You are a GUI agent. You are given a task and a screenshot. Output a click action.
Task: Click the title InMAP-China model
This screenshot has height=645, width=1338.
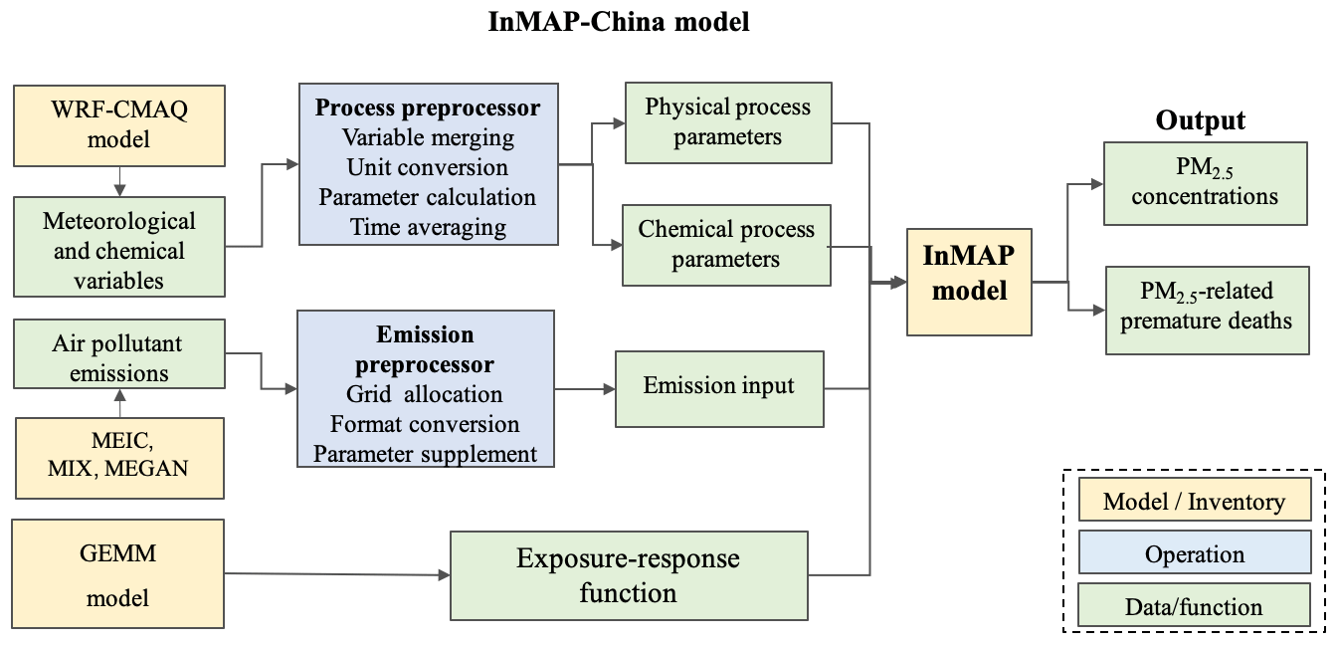[618, 22]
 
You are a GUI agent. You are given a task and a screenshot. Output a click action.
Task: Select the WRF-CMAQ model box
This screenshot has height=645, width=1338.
[119, 125]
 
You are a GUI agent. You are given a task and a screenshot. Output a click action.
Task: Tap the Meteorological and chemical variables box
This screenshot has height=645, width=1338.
[119, 247]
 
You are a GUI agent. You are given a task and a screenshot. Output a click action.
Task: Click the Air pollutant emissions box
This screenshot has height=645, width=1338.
[119, 354]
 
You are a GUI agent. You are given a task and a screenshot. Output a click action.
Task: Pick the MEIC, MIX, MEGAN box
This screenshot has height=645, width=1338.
[119, 459]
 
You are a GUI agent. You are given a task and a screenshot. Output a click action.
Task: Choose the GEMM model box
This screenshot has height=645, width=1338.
[117, 574]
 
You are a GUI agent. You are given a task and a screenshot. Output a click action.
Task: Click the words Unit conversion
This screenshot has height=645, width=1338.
[428, 167]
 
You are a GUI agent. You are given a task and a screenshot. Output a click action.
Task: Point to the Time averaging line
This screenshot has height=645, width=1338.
[428, 227]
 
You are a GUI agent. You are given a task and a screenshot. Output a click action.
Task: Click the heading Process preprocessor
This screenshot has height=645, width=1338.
[428, 107]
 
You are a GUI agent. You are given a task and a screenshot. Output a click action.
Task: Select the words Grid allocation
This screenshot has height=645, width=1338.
[424, 394]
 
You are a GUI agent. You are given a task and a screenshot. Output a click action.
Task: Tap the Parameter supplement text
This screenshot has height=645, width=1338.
[426, 454]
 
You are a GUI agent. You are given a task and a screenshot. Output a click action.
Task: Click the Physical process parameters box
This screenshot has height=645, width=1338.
[728, 123]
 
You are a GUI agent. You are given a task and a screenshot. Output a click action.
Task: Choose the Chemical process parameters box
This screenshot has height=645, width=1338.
[726, 245]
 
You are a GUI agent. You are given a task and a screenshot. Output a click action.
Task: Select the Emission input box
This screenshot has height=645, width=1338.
[719, 389]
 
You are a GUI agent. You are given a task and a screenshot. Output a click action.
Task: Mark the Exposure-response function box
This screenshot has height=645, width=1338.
[629, 575]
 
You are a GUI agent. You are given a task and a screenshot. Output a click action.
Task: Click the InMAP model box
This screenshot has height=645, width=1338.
[969, 282]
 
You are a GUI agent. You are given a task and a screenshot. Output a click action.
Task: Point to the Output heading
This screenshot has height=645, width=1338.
[1200, 120]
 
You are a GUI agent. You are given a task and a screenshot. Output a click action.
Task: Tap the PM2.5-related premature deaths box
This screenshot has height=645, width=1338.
[1208, 311]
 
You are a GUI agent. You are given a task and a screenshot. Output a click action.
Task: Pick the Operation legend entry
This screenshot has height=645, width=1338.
[1195, 554]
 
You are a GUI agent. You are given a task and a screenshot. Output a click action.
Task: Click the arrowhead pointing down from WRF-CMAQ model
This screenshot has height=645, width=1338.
[119, 191]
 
